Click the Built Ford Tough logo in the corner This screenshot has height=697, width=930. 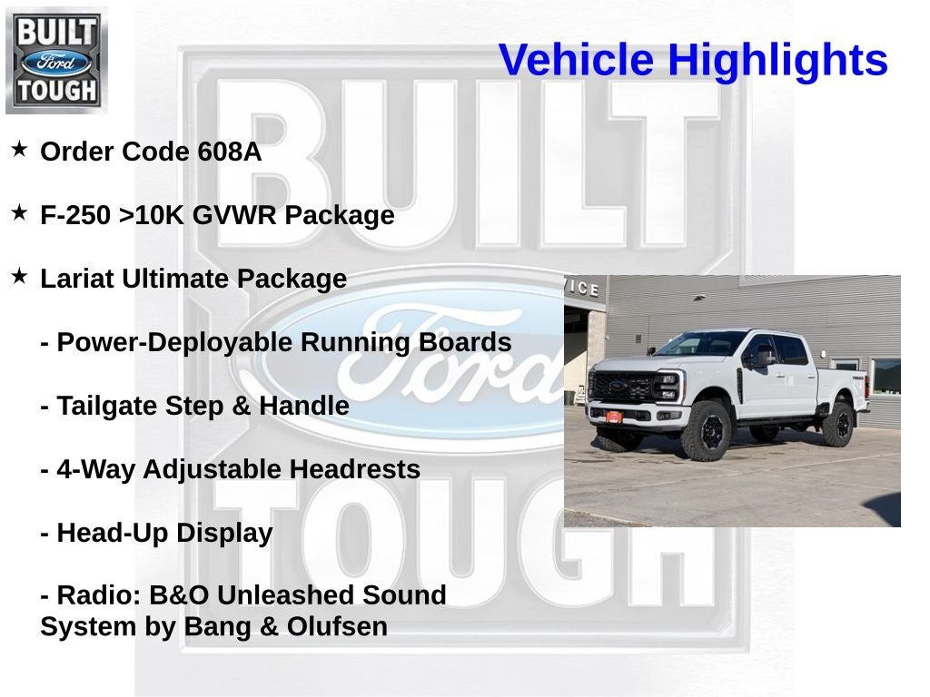tap(56, 60)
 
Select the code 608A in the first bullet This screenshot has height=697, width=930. tap(230, 152)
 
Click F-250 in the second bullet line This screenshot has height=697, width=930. tap(76, 216)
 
